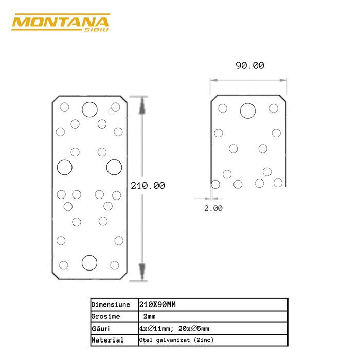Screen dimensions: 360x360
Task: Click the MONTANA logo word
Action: coord(60,23)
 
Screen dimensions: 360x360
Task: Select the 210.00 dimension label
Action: coord(148,186)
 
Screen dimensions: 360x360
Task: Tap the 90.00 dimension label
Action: coord(249,65)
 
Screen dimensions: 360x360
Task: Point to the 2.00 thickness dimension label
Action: coord(213,208)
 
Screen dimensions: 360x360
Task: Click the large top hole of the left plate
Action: coord(89,109)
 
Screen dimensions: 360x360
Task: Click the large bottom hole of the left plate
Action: coord(89,263)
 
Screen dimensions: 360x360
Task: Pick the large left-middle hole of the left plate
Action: coord(65,167)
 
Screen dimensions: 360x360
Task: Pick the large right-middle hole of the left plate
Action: coord(114,167)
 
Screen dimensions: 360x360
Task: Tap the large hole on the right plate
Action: coord(248,111)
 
